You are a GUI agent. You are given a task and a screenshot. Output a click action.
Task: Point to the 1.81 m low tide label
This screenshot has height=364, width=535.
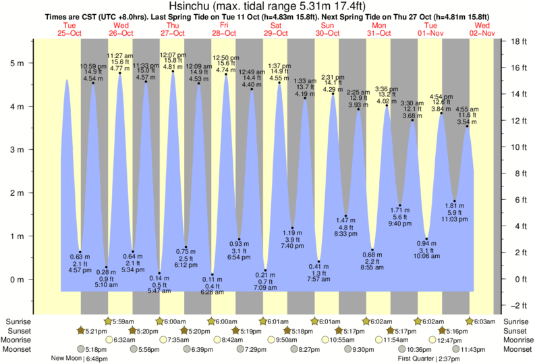tap(454, 205)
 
